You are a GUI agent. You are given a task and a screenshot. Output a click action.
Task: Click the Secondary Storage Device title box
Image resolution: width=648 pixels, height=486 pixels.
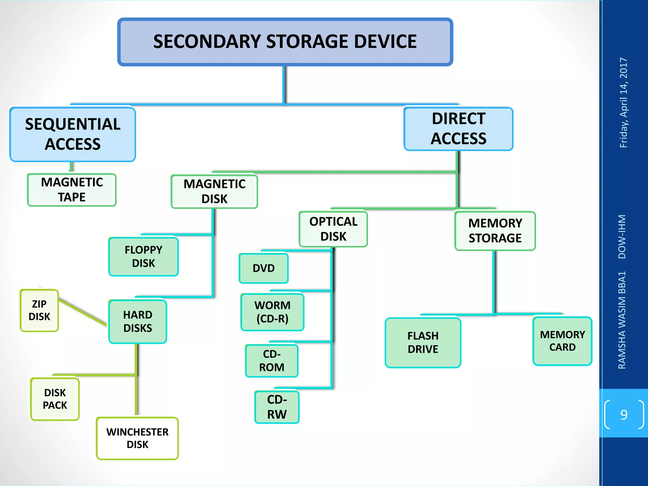pyautogui.click(x=285, y=42)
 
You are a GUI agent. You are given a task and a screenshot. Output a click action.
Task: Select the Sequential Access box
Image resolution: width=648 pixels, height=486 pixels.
pyautogui.click(x=73, y=134)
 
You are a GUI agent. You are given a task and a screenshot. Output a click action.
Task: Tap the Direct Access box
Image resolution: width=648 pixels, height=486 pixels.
pyautogui.click(x=458, y=129)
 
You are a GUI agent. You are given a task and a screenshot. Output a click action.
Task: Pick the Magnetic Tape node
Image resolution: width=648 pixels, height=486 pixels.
pyautogui.click(x=72, y=190)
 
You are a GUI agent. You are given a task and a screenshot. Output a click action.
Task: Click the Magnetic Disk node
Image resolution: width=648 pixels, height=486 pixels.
pyautogui.click(x=214, y=191)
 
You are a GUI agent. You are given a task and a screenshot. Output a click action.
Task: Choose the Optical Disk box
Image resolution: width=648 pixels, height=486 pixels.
pyautogui.click(x=333, y=229)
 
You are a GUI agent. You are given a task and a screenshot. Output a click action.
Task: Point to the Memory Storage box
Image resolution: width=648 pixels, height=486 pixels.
pyautogui.click(x=495, y=231)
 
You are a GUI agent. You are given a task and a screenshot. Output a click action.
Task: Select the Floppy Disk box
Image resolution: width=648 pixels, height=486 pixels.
pyautogui.click(x=143, y=256)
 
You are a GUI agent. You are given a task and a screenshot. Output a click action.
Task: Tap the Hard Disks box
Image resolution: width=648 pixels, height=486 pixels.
pyautogui.click(x=138, y=321)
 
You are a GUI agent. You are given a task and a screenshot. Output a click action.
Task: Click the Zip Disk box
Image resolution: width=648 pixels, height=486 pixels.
pyautogui.click(x=39, y=310)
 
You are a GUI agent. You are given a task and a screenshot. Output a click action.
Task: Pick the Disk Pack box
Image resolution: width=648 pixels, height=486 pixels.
pyautogui.click(x=55, y=399)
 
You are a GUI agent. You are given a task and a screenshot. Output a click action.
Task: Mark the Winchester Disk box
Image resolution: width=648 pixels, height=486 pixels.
pyautogui.click(x=137, y=438)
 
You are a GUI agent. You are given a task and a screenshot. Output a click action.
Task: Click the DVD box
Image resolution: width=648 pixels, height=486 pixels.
pyautogui.click(x=264, y=268)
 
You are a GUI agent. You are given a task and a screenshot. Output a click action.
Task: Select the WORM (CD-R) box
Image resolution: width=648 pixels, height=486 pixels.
pyautogui.click(x=272, y=312)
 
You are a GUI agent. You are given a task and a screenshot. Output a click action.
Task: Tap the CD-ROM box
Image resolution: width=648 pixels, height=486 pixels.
pyautogui.click(x=271, y=361)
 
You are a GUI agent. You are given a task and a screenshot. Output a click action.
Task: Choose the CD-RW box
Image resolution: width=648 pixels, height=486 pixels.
pyautogui.click(x=277, y=407)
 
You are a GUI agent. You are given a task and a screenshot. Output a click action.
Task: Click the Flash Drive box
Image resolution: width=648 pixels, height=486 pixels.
pyautogui.click(x=423, y=343)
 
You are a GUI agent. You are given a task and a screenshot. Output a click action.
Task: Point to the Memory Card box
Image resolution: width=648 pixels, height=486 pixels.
pyautogui.click(x=562, y=341)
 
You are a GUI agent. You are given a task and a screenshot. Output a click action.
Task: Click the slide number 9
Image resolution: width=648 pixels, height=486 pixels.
pyautogui.click(x=624, y=414)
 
